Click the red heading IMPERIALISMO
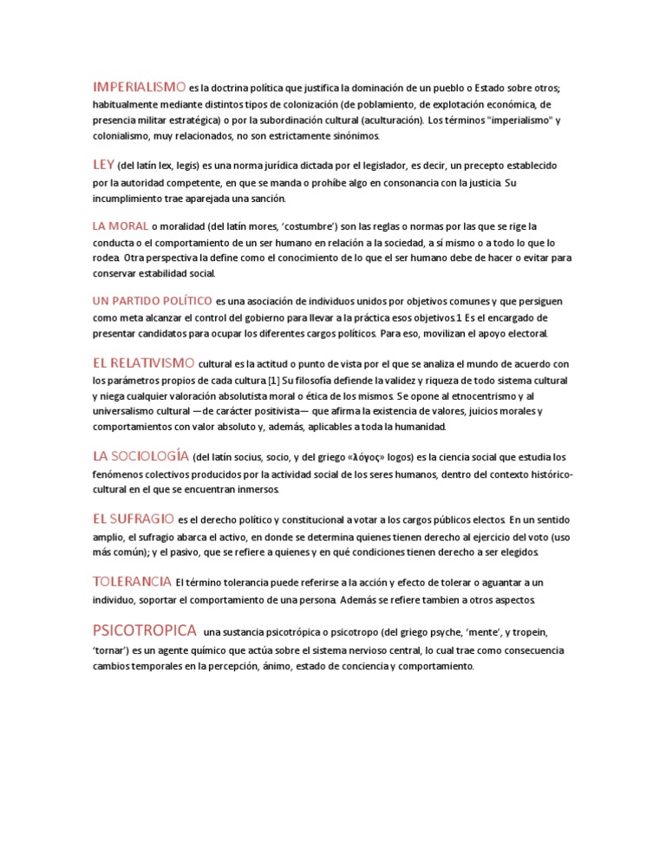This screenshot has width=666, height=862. [x=138, y=87]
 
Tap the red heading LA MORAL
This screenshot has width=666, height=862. [x=120, y=225]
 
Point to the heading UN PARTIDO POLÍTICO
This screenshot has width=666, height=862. [x=152, y=301]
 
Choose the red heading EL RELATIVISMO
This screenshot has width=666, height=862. [x=143, y=362]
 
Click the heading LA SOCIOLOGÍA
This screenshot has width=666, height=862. [x=140, y=456]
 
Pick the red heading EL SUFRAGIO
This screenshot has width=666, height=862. [x=134, y=519]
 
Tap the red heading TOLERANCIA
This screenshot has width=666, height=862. [x=132, y=581]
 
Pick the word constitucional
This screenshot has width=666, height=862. [x=303, y=519]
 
